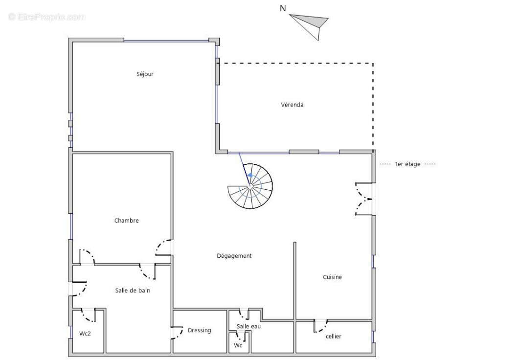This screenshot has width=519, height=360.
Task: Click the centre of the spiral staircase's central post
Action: [250, 186]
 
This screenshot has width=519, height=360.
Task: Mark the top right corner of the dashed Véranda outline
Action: [373, 63]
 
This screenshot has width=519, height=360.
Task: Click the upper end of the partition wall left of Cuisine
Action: [294, 242]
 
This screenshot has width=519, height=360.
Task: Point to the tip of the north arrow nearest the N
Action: [290, 15]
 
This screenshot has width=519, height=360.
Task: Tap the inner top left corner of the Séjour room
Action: [73, 43]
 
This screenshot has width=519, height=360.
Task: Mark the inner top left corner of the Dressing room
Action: [174, 311]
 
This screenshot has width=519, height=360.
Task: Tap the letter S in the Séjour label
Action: [138, 74]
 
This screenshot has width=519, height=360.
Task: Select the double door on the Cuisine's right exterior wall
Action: [364, 199]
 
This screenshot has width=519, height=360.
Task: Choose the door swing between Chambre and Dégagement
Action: [164, 247]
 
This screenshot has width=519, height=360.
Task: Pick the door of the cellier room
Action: [320, 326]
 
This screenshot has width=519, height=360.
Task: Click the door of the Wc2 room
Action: [88, 315]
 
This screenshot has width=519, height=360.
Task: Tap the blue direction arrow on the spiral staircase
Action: [250, 175]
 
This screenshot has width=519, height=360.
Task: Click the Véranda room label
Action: [292, 105]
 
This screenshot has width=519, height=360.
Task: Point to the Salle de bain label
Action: [133, 291]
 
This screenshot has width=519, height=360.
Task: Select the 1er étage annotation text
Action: [407, 164]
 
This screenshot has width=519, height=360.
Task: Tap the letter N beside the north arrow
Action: [283, 8]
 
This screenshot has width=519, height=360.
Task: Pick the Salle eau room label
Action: [248, 327]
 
